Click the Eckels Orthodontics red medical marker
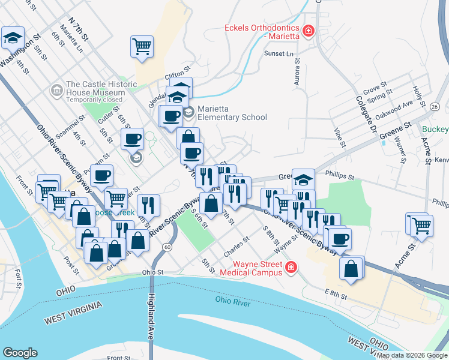pyautogui.click(x=309, y=30)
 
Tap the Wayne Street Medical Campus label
pyautogui.click(x=249, y=268)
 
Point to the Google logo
pyautogui.click(x=20, y=352)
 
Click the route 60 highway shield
pyautogui.click(x=167, y=247)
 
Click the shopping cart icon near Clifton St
pyautogui.click(x=142, y=46)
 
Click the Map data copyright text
pyautogui.click(x=411, y=355)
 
